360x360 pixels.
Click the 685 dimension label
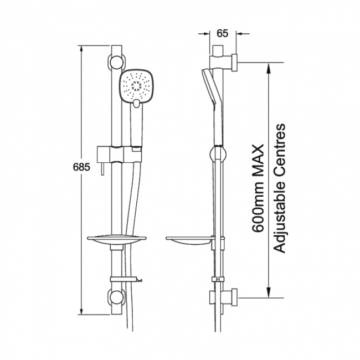(x=81, y=167)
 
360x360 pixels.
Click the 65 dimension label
(x=223, y=34)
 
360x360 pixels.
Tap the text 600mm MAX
(x=258, y=188)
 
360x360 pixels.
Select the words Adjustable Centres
(x=280, y=188)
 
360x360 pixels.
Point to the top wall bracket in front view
(x=116, y=61)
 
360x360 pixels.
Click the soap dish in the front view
(x=117, y=240)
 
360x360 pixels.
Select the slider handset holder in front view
(x=120, y=155)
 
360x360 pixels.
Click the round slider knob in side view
(x=218, y=155)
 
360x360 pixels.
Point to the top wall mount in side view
(x=223, y=62)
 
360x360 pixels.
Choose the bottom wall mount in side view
(x=223, y=298)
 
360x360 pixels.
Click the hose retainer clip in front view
(x=126, y=279)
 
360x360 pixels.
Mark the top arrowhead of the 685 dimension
(x=81, y=49)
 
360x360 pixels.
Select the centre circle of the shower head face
(x=136, y=86)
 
